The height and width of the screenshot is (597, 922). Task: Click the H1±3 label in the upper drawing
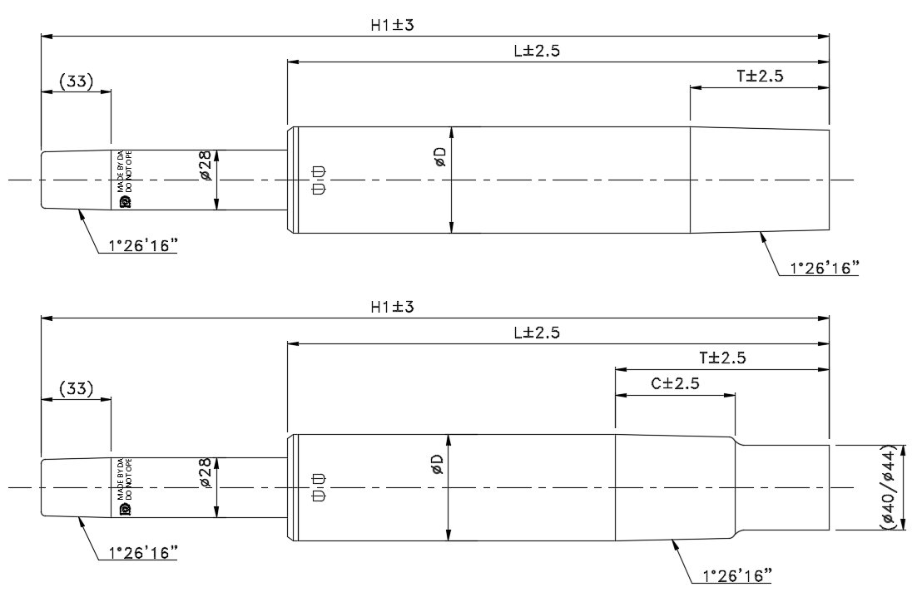click(392, 25)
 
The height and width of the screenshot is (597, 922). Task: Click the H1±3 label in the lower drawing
click(392, 307)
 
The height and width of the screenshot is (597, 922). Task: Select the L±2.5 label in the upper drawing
click(537, 51)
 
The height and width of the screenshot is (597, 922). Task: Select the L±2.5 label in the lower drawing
click(537, 333)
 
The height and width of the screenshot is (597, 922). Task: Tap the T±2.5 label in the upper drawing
click(760, 76)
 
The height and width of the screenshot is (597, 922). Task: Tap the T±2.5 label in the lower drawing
click(722, 358)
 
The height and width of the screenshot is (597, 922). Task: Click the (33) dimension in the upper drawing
click(76, 81)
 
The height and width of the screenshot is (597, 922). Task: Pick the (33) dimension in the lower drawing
click(76, 388)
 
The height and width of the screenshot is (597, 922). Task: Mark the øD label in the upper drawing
click(440, 156)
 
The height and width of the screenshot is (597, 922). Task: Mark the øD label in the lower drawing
click(438, 464)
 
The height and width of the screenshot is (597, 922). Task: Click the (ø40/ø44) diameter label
click(888, 486)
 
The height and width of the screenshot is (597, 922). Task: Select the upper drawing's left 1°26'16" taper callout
click(138, 247)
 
